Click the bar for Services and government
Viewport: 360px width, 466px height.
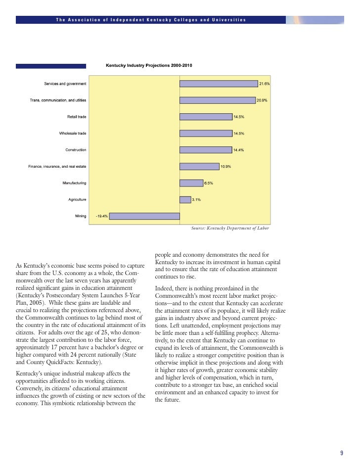coord(219,84)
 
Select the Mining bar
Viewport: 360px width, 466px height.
coord(144,216)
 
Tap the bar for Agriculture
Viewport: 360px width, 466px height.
coord(185,200)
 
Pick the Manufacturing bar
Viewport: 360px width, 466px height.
coord(191,183)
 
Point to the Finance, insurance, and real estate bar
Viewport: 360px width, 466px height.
coord(199,166)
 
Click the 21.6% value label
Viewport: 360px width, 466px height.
coord(265,84)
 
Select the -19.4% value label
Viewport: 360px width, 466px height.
coord(101,216)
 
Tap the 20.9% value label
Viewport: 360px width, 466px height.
coord(262,100)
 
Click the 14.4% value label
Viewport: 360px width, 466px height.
coord(239,150)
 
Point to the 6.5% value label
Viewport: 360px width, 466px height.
coord(209,183)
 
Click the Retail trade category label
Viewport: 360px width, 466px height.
coord(77,117)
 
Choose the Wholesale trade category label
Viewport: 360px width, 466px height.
coord(73,133)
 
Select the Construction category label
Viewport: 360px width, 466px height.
coord(76,150)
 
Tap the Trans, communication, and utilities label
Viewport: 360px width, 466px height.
coord(58,100)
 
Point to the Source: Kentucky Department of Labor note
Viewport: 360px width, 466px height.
coord(230,229)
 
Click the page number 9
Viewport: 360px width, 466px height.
coord(341,453)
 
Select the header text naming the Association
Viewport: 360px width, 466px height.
coord(151,20)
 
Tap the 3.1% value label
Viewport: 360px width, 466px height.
coord(196,200)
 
